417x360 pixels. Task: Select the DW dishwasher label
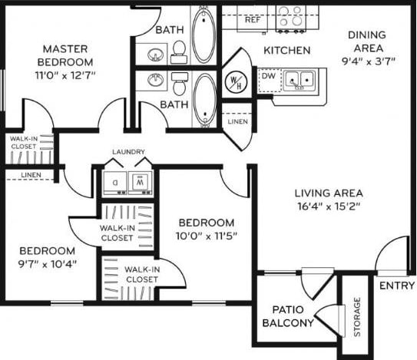266,77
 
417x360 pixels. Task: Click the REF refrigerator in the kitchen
251,18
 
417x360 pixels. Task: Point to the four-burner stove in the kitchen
293,18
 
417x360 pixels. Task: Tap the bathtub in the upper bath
204,35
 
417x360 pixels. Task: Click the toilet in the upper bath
179,51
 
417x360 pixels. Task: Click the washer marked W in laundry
140,182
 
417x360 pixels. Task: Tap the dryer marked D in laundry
115,182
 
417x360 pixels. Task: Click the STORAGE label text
357,316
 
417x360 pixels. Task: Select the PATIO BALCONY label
288,316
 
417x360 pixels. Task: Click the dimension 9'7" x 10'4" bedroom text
48,264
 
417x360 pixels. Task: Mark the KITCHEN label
286,51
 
